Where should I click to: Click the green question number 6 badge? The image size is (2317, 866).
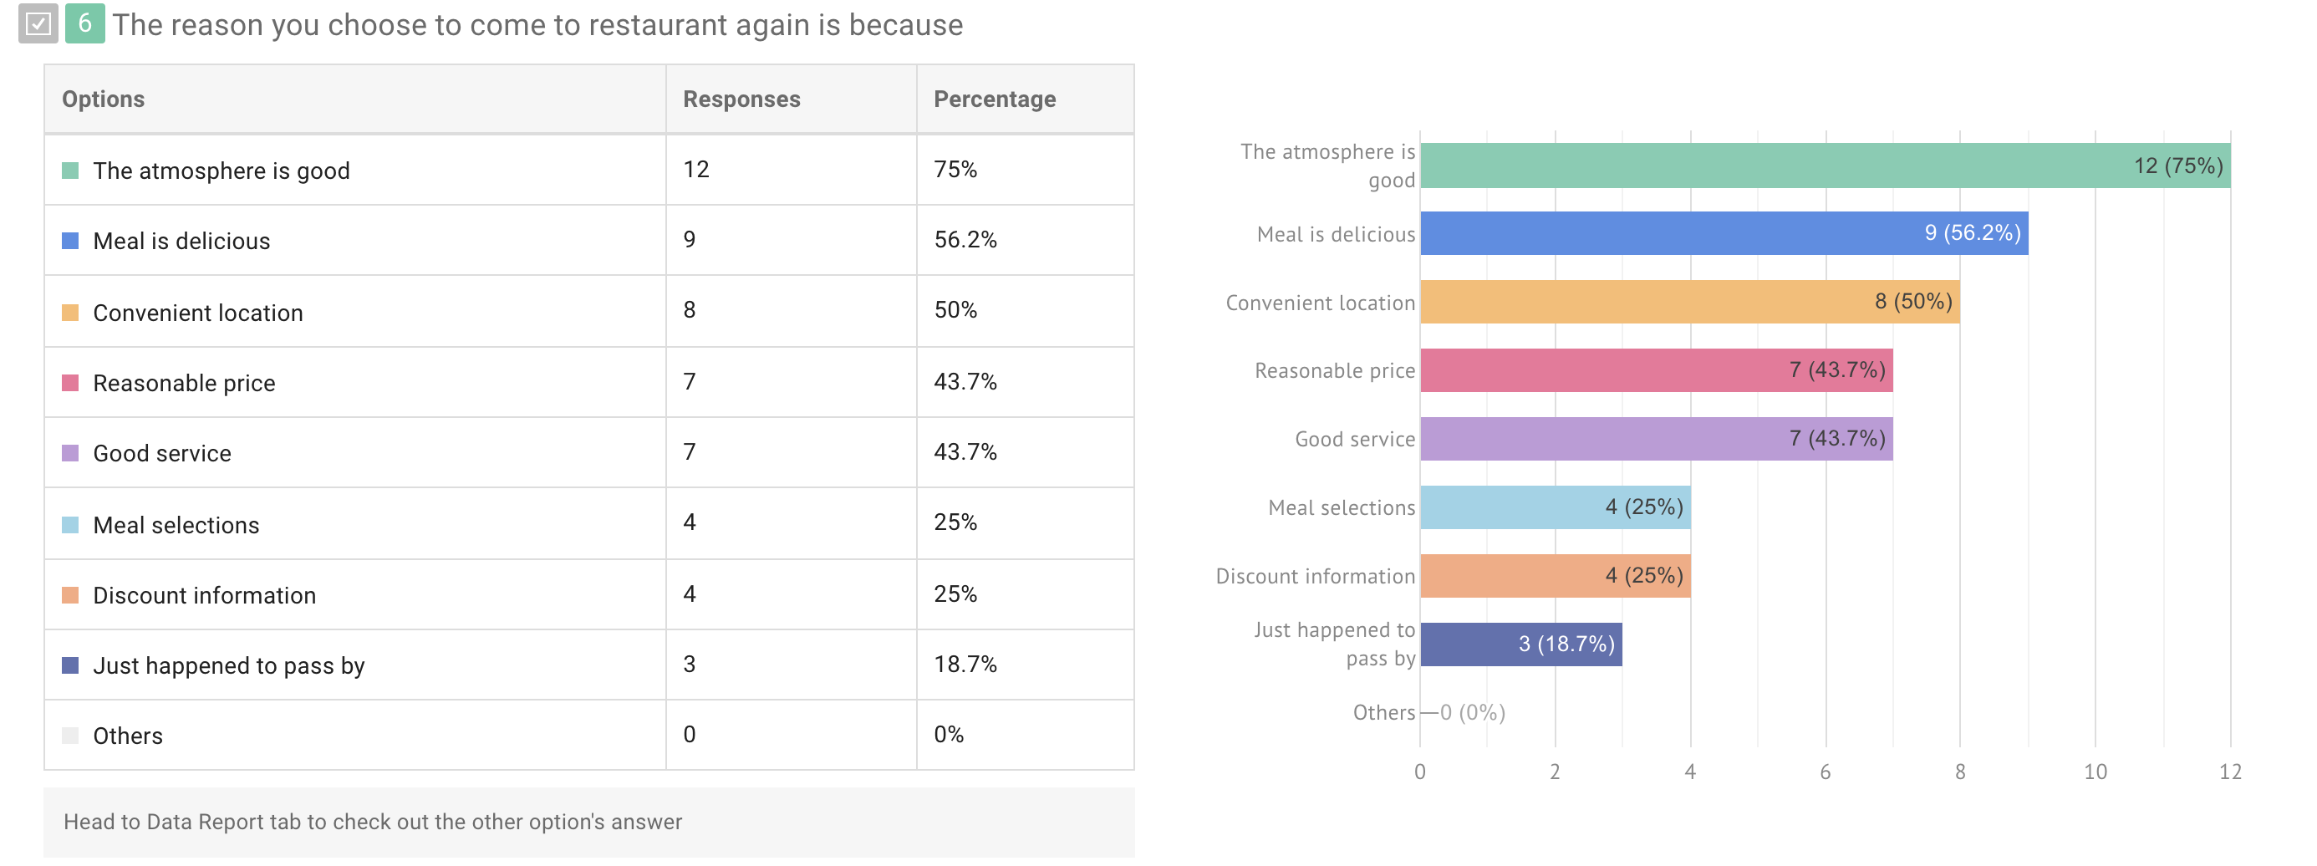[x=84, y=23]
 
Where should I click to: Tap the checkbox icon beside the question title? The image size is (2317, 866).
[x=38, y=23]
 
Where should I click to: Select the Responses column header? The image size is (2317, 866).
[x=741, y=99]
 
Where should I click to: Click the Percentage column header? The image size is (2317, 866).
[x=994, y=99]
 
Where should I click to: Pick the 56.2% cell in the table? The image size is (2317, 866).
[x=965, y=239]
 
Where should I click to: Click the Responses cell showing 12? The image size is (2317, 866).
[x=696, y=169]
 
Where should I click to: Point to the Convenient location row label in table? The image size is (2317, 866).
[x=198, y=312]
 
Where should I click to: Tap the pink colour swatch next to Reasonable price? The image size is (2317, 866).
[x=70, y=383]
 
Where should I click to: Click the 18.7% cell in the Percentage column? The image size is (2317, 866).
[x=965, y=664]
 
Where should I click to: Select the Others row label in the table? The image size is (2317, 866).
[x=128, y=735]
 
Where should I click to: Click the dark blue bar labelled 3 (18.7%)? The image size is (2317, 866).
[x=1520, y=644]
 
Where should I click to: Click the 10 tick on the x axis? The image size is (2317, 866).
[x=2095, y=772]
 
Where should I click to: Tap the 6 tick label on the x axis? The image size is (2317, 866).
[x=1825, y=772]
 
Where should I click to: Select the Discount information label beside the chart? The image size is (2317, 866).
[x=1315, y=577]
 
